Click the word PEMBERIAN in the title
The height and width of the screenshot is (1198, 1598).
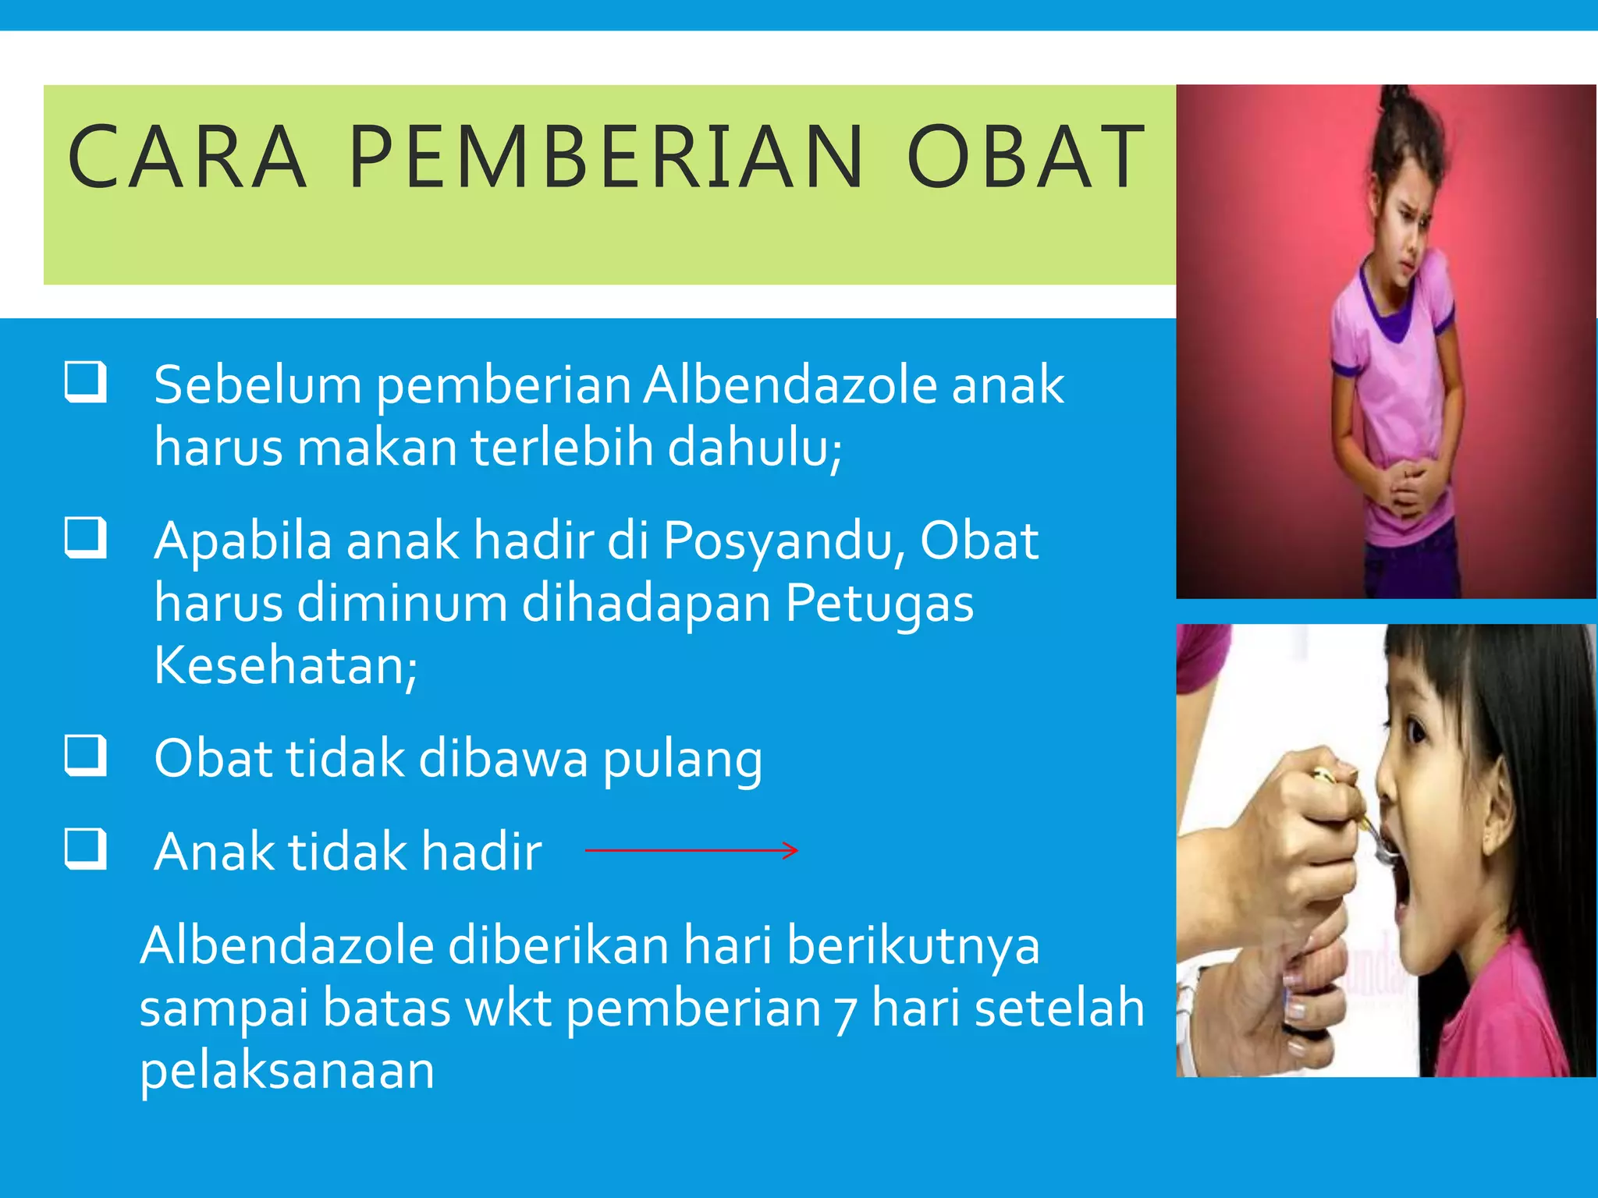coord(605,158)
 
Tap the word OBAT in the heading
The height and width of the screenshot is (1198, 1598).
coord(1025,158)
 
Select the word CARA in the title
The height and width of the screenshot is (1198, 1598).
coord(187,158)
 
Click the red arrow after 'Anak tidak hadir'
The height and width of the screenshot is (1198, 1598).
coord(691,850)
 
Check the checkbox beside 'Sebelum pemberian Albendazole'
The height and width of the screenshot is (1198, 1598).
coord(85,381)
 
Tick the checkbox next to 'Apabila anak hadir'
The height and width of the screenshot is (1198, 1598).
coord(85,537)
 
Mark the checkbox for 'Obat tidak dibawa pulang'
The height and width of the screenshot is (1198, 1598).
coord(85,755)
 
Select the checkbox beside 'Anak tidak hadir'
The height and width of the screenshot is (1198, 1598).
coord(85,848)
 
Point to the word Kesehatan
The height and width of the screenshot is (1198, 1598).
coord(285,666)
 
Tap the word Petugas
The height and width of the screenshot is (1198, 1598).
coord(879,604)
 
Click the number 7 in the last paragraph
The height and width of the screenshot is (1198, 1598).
coord(845,1012)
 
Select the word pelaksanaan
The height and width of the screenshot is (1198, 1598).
coord(286,1072)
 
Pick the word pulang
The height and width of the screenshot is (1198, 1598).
coord(682,760)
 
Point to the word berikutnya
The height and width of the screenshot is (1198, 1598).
coord(912,947)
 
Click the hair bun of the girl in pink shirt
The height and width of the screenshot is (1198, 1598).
coord(1397,105)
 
